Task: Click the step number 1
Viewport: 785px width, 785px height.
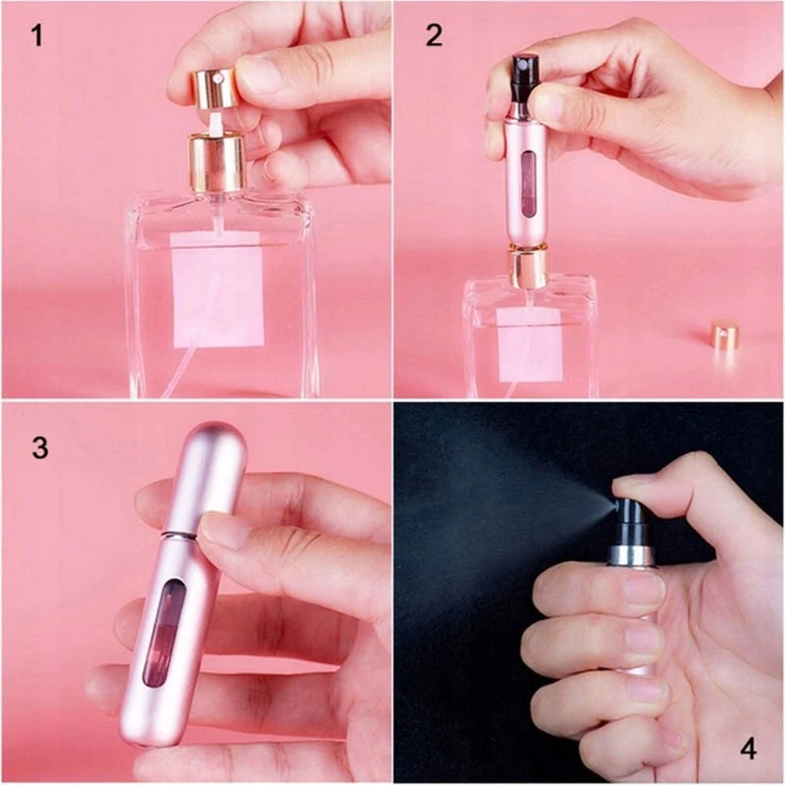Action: [x=37, y=37]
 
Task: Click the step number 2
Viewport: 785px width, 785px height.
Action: [x=433, y=37]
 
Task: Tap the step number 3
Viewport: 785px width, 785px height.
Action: [x=39, y=447]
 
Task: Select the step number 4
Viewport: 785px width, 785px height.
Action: [x=748, y=750]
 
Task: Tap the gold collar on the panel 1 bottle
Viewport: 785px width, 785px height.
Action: [x=217, y=163]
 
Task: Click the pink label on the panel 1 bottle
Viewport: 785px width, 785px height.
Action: [x=218, y=289]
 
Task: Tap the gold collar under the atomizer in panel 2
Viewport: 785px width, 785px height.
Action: [x=527, y=267]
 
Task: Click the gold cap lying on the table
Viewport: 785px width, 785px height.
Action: [x=724, y=336]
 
